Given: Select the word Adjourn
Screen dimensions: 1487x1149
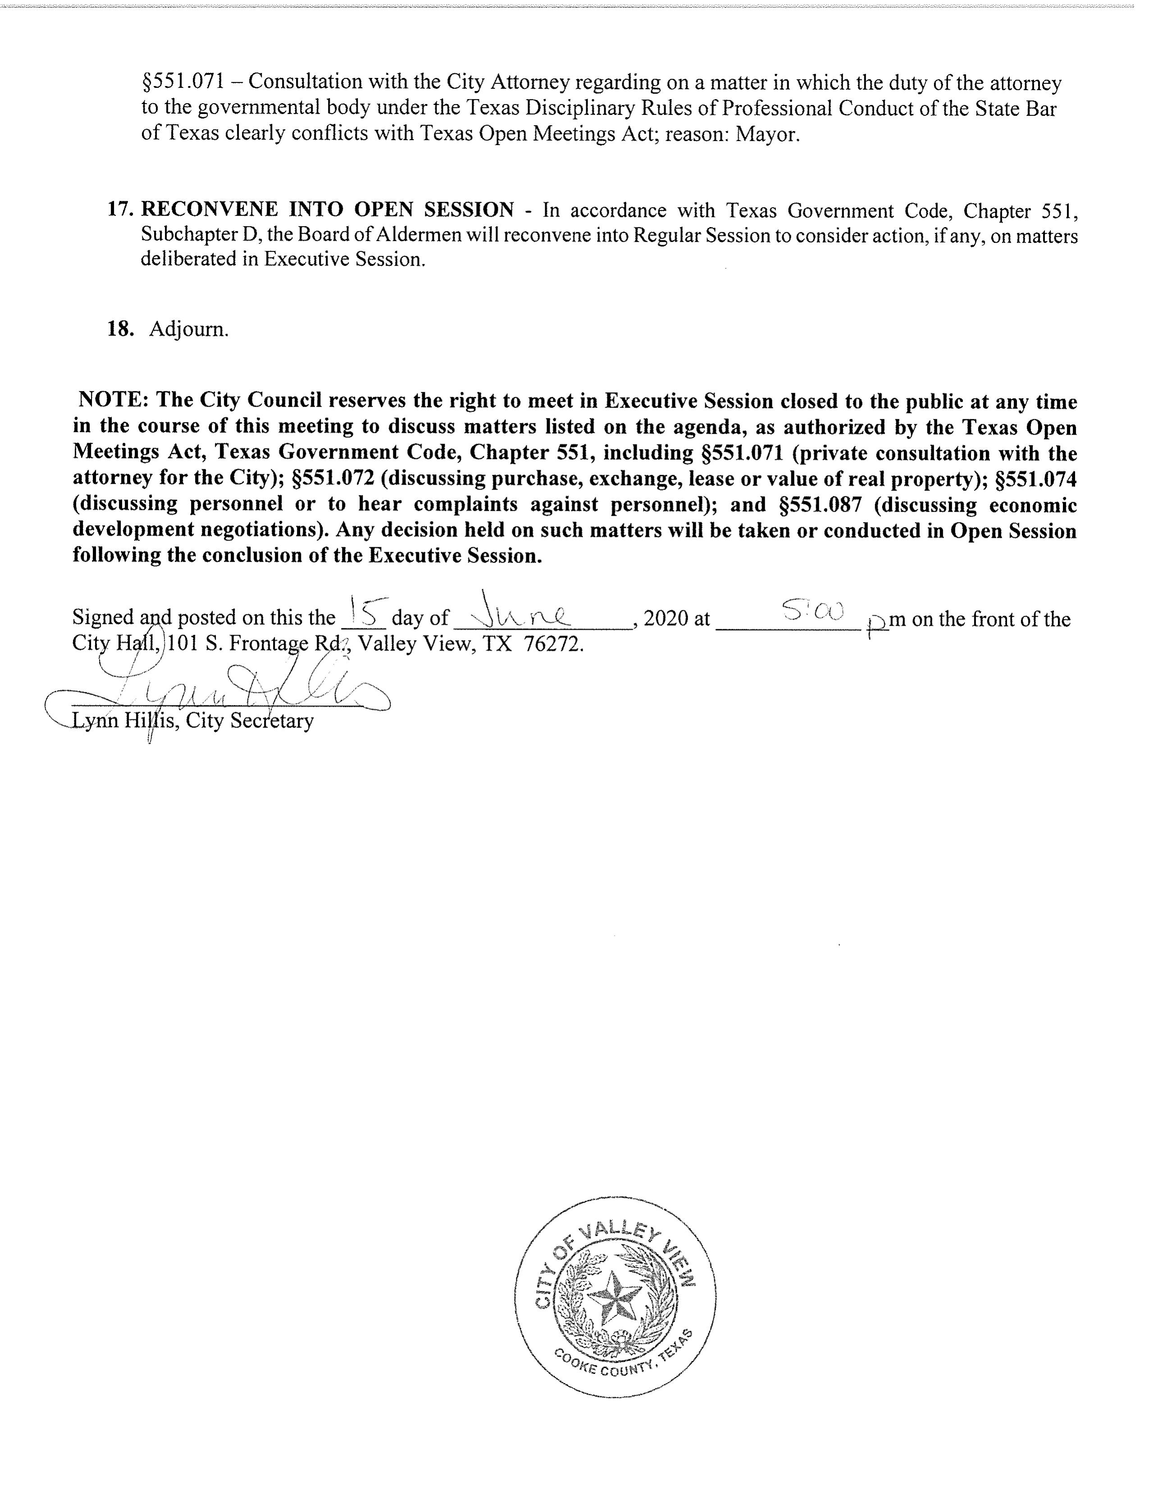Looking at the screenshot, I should point(189,330).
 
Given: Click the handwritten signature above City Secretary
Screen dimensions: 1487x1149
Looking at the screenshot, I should point(225,692).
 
